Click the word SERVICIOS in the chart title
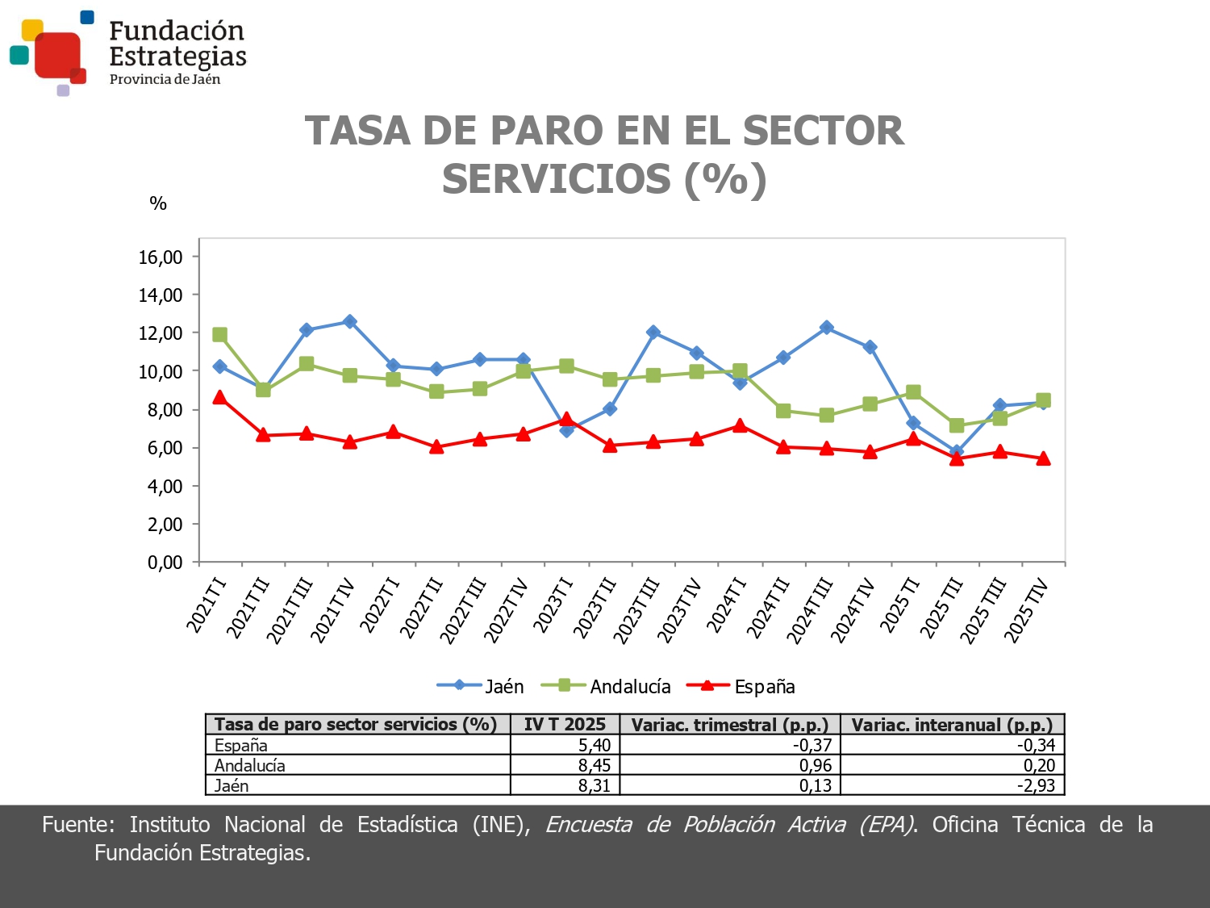click(x=556, y=179)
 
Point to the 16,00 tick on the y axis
click(x=161, y=257)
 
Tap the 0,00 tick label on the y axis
click(x=165, y=563)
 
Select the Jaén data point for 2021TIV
click(x=349, y=321)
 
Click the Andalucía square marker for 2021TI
click(x=219, y=335)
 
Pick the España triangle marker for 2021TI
click(x=219, y=397)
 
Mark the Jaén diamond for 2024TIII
click(x=826, y=328)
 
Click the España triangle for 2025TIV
click(x=1043, y=458)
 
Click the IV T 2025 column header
click(x=565, y=725)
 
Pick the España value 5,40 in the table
click(x=595, y=745)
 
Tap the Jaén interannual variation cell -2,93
click(x=1036, y=785)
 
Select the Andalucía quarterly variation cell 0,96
click(x=815, y=765)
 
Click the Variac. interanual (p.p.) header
click(x=952, y=725)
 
